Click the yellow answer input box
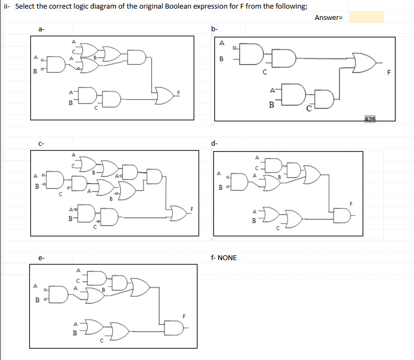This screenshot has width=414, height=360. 366,17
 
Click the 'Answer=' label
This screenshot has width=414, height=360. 329,18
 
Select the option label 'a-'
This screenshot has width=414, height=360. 41,29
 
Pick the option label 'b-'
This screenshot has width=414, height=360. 215,29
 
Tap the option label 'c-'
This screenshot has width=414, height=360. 41,143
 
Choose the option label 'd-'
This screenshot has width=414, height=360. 215,143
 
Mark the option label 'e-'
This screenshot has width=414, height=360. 41,258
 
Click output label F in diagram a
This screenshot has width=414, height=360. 178,93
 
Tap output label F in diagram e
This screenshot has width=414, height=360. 184,315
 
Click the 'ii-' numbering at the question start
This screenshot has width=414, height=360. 8,5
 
